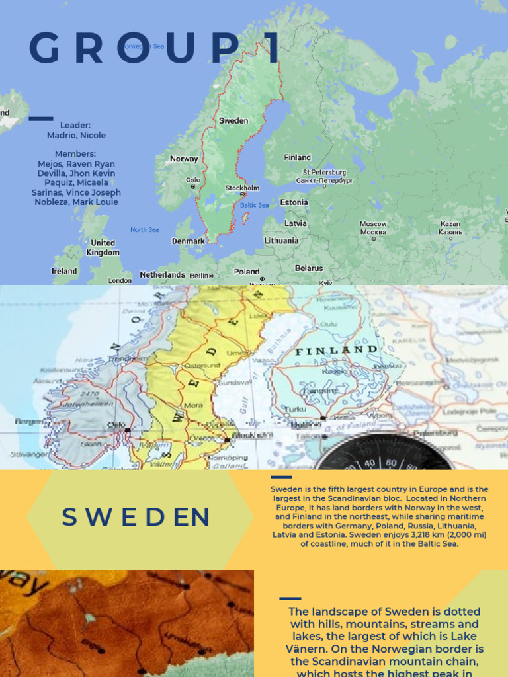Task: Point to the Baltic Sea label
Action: [x=254, y=205]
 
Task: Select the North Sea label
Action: [x=144, y=230]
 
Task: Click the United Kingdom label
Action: [x=104, y=247]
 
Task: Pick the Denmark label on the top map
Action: [x=189, y=241]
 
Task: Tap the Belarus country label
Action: [x=308, y=268]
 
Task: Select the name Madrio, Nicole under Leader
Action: [x=76, y=135]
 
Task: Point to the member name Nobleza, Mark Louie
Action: [x=76, y=202]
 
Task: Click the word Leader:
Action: [x=75, y=125]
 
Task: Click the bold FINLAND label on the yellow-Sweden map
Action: [x=337, y=350]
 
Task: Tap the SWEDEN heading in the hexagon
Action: [x=136, y=518]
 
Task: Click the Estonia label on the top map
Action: [x=294, y=202]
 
